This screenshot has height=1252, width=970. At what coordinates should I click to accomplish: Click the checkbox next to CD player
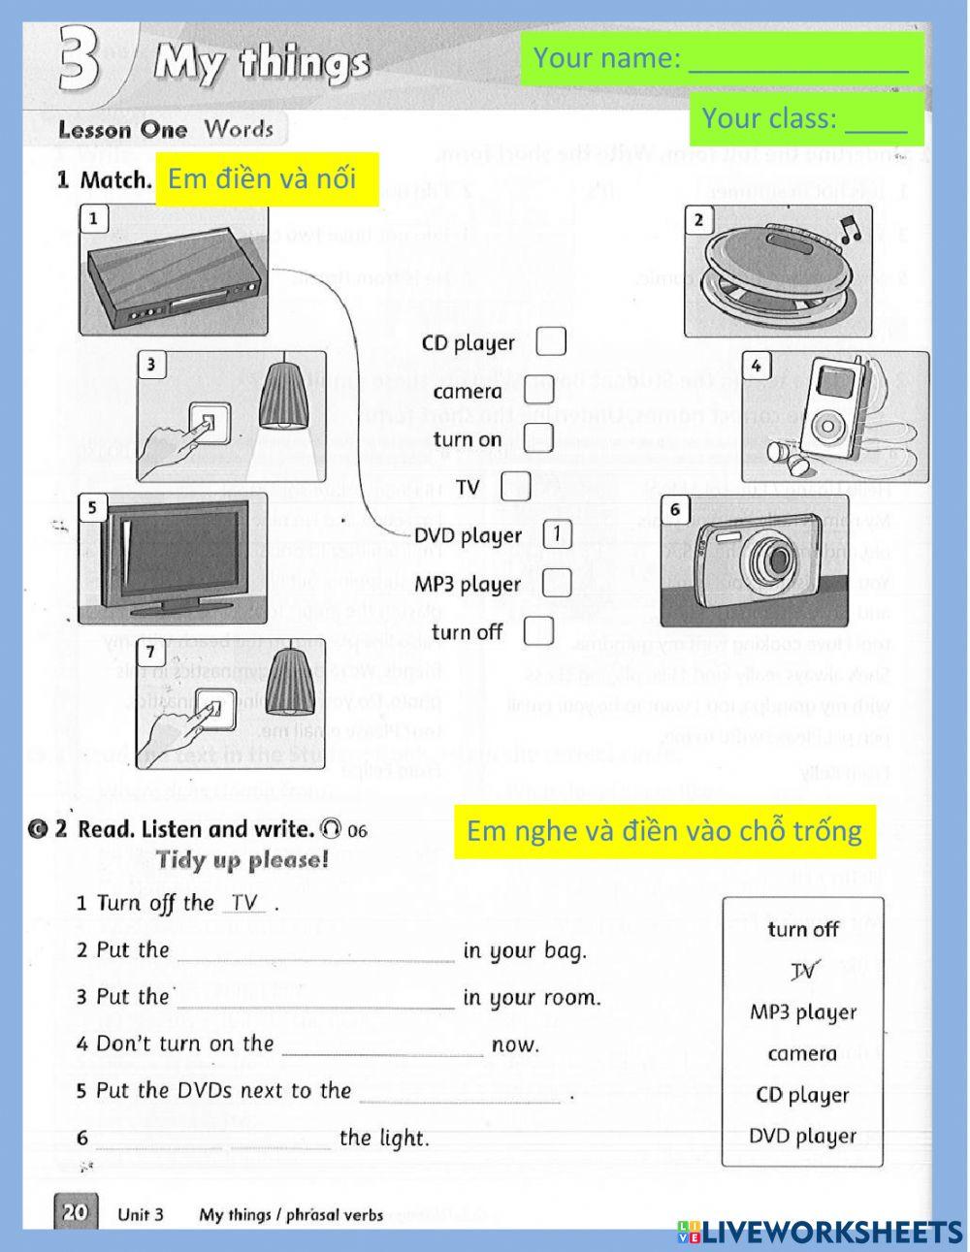(551, 341)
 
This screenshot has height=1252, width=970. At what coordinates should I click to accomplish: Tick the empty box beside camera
(537, 390)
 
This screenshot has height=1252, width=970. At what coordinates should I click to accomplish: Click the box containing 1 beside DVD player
(557, 534)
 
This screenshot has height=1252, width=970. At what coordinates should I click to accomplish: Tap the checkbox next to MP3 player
(556, 583)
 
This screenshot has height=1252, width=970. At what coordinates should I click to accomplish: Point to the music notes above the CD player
(850, 231)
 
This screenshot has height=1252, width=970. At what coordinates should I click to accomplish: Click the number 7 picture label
(150, 651)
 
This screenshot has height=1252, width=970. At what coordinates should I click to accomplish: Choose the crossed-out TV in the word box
(802, 970)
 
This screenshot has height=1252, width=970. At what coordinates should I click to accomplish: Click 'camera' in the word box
(802, 1053)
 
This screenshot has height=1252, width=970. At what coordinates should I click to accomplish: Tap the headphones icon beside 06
(331, 829)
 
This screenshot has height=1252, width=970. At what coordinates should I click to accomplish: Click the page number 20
(75, 1211)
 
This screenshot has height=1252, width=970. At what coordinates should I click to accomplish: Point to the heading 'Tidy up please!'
(242, 860)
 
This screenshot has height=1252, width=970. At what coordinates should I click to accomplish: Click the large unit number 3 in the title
(80, 60)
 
